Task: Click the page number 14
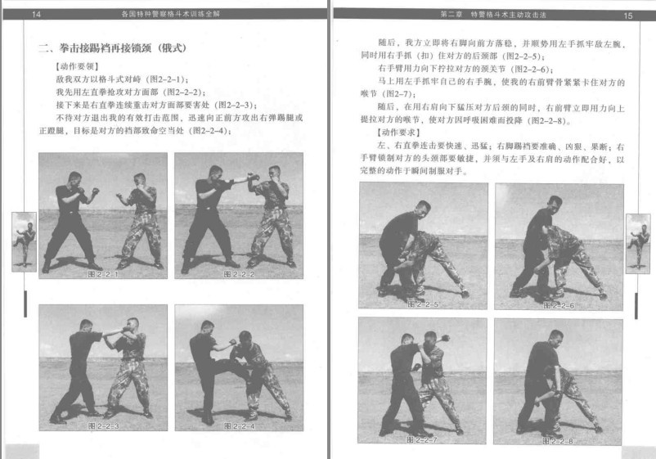35,14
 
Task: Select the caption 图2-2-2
237,273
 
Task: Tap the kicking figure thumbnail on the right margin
637,241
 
